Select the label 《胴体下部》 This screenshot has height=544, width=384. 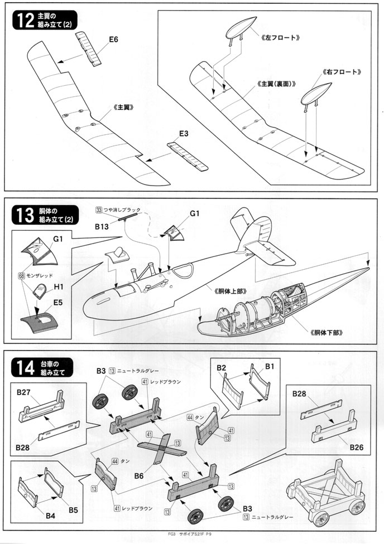(324, 333)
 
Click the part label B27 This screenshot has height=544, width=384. (23, 392)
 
